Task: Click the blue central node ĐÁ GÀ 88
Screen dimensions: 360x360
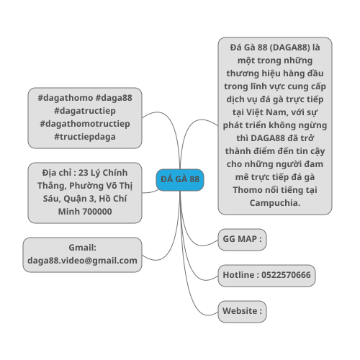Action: [x=180, y=180]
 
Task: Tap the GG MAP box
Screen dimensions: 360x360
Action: [x=242, y=240]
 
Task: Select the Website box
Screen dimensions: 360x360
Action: [x=242, y=312]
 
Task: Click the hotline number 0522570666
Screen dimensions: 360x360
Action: [x=286, y=275]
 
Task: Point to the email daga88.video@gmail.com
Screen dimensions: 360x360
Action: [x=82, y=261]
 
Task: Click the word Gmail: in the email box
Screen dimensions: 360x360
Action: [x=82, y=248]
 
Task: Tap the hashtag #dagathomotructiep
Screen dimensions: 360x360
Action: [x=85, y=124]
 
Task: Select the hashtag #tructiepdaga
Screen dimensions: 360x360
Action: [x=85, y=137]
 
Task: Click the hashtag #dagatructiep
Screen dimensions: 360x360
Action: [x=85, y=111]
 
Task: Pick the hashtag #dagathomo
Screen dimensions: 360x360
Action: [x=66, y=98]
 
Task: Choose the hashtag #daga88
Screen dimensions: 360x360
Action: [x=114, y=98]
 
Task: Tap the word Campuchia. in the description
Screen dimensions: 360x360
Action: [x=275, y=203]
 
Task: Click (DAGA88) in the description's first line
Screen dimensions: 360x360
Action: [x=290, y=48]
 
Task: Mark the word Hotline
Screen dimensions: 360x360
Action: [x=238, y=275]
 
